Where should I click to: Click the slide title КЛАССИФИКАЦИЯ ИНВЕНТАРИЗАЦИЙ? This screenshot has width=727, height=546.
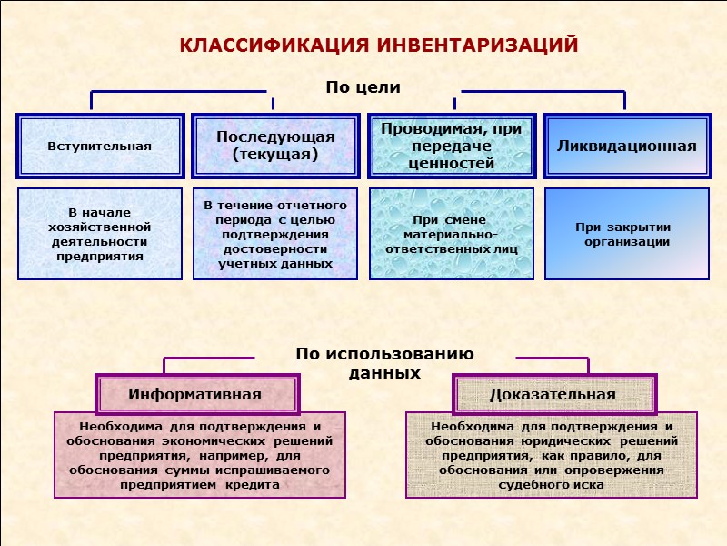coord(378,45)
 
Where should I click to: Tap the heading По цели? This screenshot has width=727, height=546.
coord(363,87)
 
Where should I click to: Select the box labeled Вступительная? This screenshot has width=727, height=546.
coord(99,146)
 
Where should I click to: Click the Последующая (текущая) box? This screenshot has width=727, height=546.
coord(275,146)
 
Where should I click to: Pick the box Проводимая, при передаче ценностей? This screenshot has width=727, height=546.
coord(452,146)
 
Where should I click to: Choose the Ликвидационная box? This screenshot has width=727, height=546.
coord(626,146)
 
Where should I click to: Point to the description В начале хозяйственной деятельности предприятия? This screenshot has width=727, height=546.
coord(99,234)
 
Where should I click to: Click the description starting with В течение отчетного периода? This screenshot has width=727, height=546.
coord(275,234)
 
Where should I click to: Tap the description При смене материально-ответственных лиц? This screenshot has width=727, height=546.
coord(452,234)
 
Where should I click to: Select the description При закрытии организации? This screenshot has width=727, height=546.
coord(626,234)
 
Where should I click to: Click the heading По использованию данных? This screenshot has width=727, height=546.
coord(384,363)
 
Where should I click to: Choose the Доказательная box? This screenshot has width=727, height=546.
coord(553,394)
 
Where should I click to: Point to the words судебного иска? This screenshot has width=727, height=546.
coord(552,485)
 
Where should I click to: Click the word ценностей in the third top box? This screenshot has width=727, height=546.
coord(452,164)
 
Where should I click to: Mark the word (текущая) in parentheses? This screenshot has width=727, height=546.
coord(275,155)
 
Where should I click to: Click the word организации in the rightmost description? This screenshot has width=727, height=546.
coord(626,242)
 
